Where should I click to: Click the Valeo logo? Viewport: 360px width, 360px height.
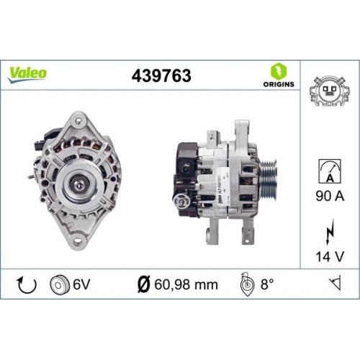(x=29, y=72)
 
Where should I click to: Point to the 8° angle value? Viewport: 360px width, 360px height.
(x=268, y=284)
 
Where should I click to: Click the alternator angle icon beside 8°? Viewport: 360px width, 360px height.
(x=245, y=284)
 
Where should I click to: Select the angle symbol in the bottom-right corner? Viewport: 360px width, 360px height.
(x=333, y=284)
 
